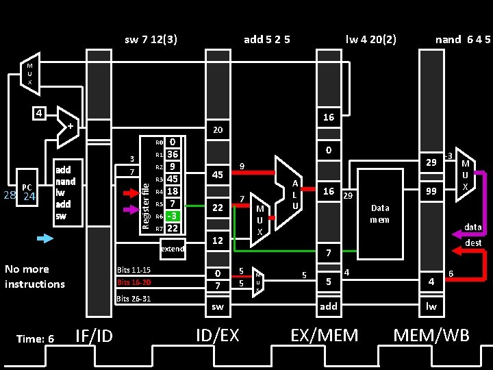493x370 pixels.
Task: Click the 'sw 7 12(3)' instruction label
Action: [151, 39]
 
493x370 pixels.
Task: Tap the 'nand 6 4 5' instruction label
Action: [463, 39]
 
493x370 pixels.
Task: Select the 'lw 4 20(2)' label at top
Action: [370, 39]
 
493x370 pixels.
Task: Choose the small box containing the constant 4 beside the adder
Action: [41, 112]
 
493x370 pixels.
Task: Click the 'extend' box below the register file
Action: [172, 249]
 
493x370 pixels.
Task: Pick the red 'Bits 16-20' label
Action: [134, 282]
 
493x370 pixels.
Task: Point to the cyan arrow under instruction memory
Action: [45, 238]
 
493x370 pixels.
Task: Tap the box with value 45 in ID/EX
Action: [218, 175]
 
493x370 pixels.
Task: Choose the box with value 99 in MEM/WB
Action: [431, 193]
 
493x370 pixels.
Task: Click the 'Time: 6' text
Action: [35, 338]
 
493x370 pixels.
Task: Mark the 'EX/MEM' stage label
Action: [325, 335]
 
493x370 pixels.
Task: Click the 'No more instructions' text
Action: [34, 276]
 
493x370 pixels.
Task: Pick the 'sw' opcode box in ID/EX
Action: [218, 306]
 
